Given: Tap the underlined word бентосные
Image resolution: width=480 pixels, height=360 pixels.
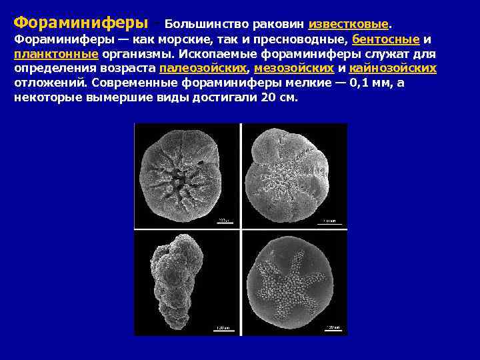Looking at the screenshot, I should (x=386, y=39).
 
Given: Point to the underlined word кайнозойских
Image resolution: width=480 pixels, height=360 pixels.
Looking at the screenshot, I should (x=393, y=69).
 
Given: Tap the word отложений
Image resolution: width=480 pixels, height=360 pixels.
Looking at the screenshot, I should (x=51, y=83).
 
